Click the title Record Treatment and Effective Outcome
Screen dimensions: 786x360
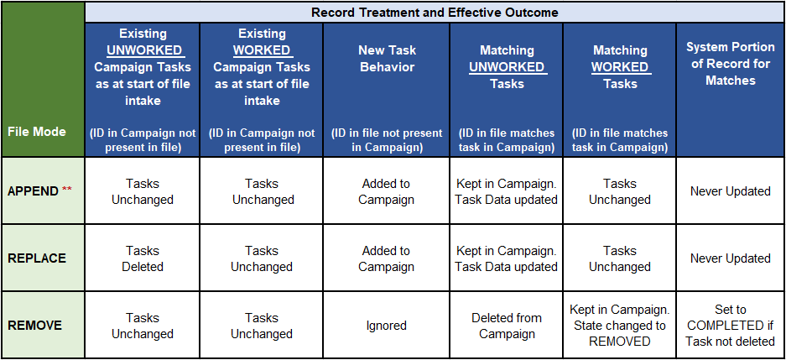pyautogui.click(x=435, y=12)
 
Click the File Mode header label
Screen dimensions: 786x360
pyautogui.click(x=37, y=132)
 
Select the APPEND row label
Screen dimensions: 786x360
pyautogui.click(x=33, y=191)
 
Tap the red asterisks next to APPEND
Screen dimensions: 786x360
pyautogui.click(x=67, y=190)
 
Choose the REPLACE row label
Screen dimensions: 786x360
pyautogui.click(x=37, y=258)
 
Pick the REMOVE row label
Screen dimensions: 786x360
pyautogui.click(x=34, y=326)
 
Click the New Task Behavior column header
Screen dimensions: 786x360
pyautogui.click(x=387, y=59)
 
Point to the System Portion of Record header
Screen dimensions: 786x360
pyautogui.click(x=731, y=64)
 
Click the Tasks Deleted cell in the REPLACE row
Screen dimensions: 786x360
pyautogui.click(x=143, y=258)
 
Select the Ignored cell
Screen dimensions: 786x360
pyautogui.click(x=387, y=326)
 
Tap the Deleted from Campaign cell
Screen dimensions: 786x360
pyautogui.click(x=507, y=326)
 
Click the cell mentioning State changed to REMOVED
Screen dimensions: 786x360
pyautogui.click(x=620, y=326)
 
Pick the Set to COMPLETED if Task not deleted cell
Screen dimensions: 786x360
pyautogui.click(x=731, y=326)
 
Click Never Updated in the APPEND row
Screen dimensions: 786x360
pyautogui.click(x=731, y=191)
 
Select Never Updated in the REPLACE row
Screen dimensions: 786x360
pyautogui.click(x=731, y=258)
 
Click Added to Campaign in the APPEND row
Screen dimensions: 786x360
pyautogui.click(x=387, y=191)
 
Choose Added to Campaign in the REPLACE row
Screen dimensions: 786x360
pyautogui.click(x=387, y=258)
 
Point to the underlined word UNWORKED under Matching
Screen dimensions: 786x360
pyautogui.click(x=507, y=67)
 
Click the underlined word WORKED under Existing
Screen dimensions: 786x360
pyautogui.click(x=262, y=50)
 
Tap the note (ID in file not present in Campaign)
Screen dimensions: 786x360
pyautogui.click(x=387, y=141)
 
